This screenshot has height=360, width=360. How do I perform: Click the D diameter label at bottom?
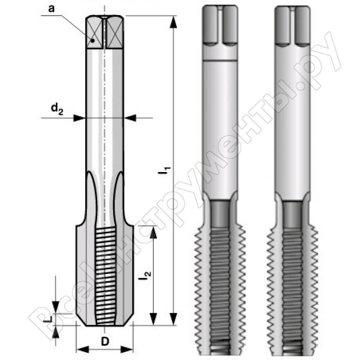[105, 342]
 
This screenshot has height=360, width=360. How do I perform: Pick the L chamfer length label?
[47, 319]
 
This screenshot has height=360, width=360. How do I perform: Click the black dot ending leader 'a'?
[93, 41]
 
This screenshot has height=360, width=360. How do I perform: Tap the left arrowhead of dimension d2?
[79, 118]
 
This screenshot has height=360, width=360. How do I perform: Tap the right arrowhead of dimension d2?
[130, 118]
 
